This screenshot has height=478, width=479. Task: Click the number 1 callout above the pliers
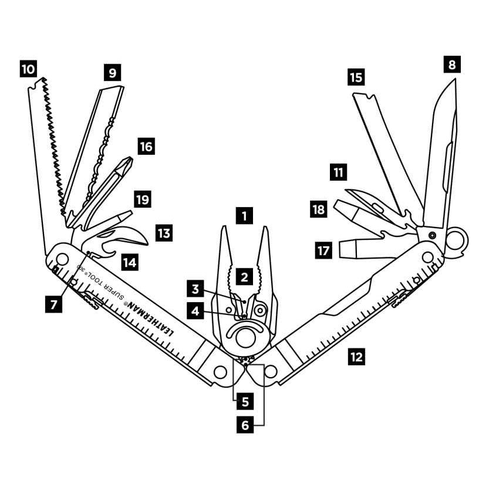pos(244,215)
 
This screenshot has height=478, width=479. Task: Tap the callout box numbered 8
pos(451,64)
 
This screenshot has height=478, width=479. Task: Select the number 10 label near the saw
pos(28,69)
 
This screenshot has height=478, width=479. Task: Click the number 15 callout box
pos(356,77)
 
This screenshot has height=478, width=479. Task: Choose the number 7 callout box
pos(54,304)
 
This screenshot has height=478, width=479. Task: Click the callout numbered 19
pos(142,199)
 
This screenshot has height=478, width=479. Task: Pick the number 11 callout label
pos(338,172)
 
